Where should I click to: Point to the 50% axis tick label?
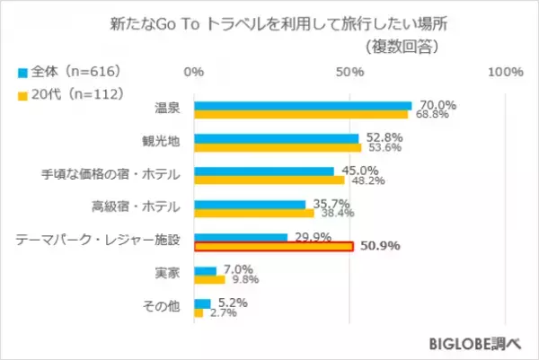(x=349, y=71)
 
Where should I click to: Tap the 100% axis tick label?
(x=505, y=71)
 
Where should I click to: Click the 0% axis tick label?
(x=193, y=71)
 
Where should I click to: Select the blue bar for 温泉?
(x=303, y=105)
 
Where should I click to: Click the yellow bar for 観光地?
(x=278, y=146)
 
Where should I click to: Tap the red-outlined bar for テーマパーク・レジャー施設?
(x=273, y=245)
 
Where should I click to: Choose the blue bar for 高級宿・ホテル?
(x=250, y=204)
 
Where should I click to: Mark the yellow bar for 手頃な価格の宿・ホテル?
(x=269, y=179)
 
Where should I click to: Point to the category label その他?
(x=163, y=306)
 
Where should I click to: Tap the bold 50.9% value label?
(x=379, y=245)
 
